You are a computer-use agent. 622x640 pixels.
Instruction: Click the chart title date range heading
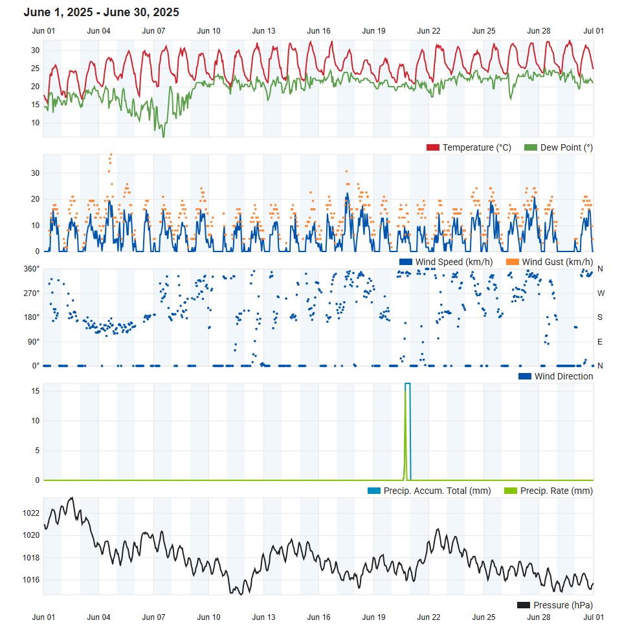[102, 12]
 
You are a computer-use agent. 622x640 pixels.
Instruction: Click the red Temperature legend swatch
[432, 148]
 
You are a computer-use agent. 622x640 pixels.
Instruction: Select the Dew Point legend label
[566, 148]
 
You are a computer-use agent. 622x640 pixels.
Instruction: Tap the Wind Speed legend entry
[454, 262]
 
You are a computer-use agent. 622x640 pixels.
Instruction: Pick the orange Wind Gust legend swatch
[513, 262]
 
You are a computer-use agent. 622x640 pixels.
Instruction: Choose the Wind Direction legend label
[563, 376]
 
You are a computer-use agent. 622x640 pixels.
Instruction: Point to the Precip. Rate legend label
[556, 491]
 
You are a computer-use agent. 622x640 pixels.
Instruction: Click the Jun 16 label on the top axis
[318, 30]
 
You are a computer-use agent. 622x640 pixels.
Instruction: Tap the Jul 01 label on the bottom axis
[594, 617]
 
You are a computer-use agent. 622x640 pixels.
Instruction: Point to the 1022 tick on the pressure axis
[31, 513]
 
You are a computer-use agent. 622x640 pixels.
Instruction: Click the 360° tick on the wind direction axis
[32, 269]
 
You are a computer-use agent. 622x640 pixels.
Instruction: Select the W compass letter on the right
[601, 293]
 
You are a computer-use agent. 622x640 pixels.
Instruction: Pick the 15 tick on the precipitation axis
[35, 391]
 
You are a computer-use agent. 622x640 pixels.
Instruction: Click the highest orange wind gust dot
[111, 155]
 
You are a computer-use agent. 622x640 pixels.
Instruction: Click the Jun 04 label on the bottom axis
[98, 617]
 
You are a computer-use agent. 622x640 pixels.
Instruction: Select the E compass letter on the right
[601, 341]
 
